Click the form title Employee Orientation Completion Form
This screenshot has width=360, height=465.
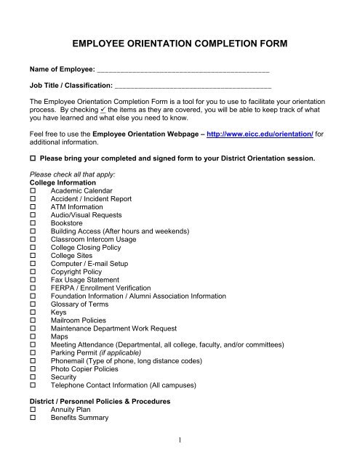180,44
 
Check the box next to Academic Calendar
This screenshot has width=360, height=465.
33,191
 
